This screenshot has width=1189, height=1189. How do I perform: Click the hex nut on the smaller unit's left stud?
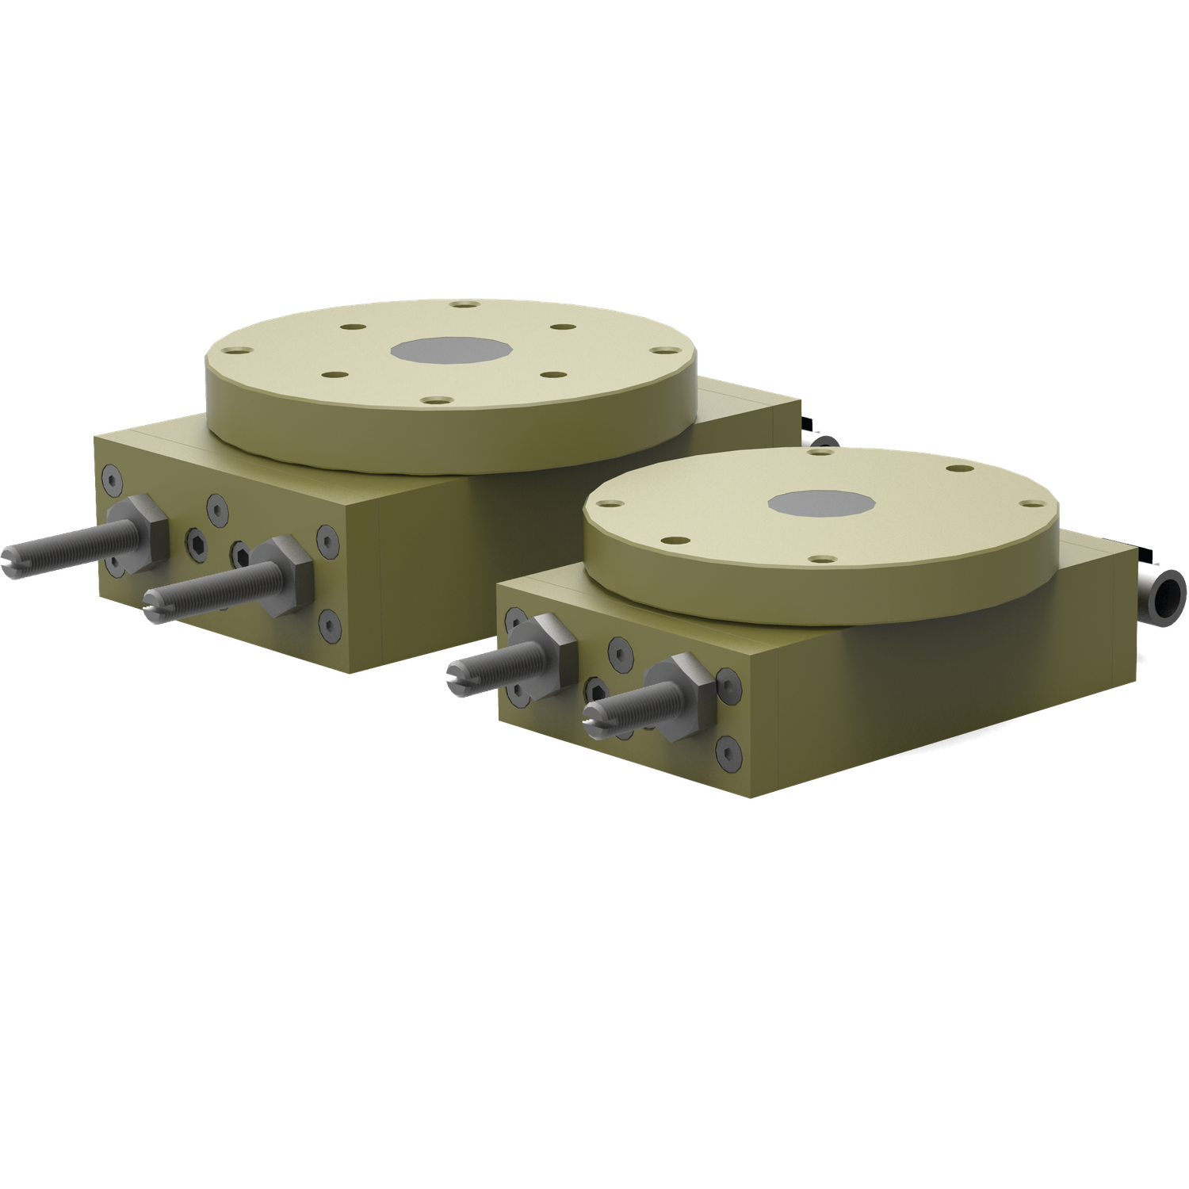coord(547,650)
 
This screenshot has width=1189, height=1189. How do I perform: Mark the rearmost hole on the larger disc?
coord(465,304)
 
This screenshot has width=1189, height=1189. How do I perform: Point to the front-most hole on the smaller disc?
coord(824,560)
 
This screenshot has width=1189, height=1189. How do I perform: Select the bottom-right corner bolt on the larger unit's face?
coord(330,624)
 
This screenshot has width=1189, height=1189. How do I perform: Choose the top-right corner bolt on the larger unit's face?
coord(327,539)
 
